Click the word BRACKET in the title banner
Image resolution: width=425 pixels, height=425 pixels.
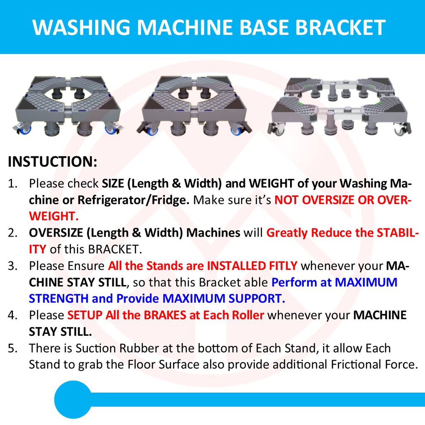340,27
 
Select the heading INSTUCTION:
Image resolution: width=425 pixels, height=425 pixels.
53,161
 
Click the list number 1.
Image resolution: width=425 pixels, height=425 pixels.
12,184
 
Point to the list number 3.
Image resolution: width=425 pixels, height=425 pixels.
12,266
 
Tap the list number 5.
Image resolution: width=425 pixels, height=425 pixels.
12,348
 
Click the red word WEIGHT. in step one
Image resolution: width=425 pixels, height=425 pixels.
54,216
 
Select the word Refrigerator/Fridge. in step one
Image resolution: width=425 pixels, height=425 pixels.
134,200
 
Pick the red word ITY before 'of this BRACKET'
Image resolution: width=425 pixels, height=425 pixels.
37,249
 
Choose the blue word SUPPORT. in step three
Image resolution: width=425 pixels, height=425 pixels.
256,299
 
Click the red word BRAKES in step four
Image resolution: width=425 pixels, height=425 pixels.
165,315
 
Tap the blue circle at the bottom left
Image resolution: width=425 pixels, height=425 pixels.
73,399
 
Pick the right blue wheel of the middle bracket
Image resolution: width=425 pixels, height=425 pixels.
236,131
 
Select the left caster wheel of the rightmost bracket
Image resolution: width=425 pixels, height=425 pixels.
278,129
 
